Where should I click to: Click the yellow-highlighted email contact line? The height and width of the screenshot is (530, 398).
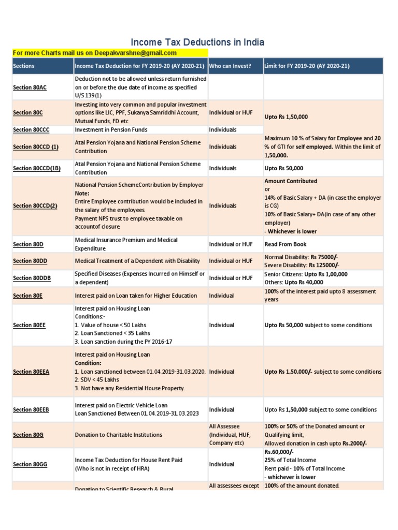tap(94, 53)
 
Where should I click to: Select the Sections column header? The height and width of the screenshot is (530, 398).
tap(24, 66)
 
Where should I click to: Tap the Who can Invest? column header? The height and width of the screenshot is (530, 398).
tap(230, 66)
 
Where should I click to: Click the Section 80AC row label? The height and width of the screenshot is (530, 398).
tap(30, 87)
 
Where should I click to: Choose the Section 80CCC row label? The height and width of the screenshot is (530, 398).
tap(31, 129)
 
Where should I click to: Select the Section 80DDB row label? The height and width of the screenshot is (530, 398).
tap(32, 278)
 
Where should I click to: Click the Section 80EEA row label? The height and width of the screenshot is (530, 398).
tap(31, 372)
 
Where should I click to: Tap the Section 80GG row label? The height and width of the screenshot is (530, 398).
tap(30, 464)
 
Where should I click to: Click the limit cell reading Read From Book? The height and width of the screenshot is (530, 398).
tap(285, 244)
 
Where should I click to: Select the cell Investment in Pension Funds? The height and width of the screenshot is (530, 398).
tap(111, 129)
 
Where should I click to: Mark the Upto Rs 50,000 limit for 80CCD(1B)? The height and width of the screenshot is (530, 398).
tap(284, 168)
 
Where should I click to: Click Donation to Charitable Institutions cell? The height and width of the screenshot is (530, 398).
tap(118, 435)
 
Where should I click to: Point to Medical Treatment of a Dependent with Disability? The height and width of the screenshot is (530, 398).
tap(136, 261)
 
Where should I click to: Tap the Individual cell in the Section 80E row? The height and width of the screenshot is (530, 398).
tap(221, 296)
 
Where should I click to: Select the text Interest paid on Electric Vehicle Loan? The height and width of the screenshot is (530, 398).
tap(121, 405)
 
